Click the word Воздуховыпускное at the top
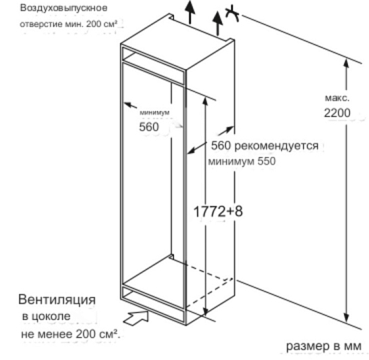[64, 8]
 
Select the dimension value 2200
[337, 113]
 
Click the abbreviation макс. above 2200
[337, 97]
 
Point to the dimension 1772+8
[218, 211]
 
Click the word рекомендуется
[276, 145]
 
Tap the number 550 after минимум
[266, 161]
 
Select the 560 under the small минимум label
[149, 127]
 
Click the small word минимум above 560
[154, 112]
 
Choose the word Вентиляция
[57, 300]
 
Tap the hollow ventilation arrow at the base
[136, 317]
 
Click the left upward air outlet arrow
[190, 12]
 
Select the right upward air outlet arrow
[218, 23]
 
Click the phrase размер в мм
[324, 346]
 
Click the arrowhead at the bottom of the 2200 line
[346, 317]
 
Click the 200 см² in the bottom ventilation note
[97, 334]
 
